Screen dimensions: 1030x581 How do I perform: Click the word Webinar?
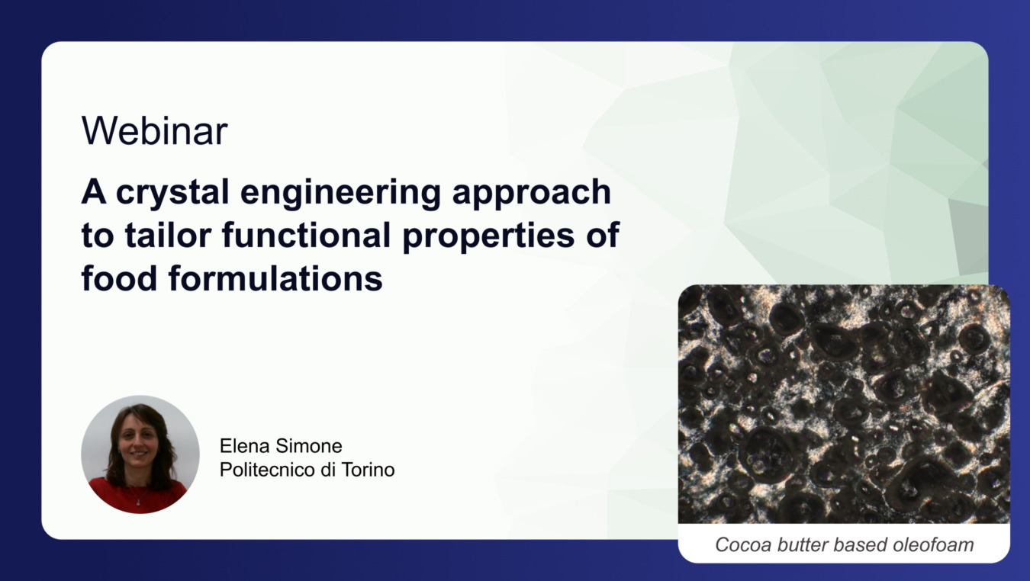tap(154, 131)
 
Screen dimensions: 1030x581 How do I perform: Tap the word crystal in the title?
tap(172, 194)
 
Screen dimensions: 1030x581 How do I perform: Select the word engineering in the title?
tap(341, 194)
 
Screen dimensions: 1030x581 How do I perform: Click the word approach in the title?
tap(532, 194)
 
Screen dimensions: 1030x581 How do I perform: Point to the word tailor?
tap(168, 235)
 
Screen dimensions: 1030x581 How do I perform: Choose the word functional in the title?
tap(307, 235)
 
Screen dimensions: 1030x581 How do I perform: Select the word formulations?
tap(275, 278)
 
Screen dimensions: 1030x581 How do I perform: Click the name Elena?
tap(245, 446)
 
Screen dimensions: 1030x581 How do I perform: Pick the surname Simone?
tap(309, 446)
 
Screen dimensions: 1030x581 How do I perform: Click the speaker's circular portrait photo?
tap(140, 454)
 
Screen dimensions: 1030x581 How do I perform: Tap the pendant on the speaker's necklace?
tap(138, 504)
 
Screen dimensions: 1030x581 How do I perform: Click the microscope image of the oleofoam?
tap(844, 404)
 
